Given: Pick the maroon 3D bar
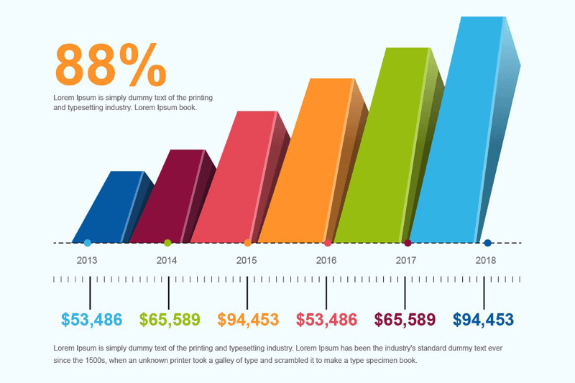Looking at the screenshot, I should point(165,198).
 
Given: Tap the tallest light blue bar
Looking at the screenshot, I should point(460,129).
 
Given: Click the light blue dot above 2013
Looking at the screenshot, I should point(88,243).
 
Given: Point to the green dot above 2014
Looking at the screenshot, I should point(167,243).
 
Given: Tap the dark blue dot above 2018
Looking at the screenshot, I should point(487,243).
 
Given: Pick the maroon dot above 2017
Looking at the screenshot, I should point(408,243).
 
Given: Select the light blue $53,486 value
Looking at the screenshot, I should point(91,320).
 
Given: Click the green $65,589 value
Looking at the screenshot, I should point(170,320).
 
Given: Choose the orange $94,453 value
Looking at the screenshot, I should point(248,320).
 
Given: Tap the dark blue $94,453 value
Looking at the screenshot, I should point(483,320).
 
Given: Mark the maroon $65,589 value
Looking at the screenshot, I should point(405,320).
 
